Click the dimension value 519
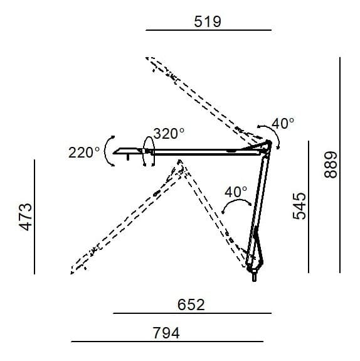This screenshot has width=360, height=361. click(208, 21)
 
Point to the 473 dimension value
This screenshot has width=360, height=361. click(26, 217)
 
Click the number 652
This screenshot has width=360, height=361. click(192, 304)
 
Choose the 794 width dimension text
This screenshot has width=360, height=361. click(166, 333)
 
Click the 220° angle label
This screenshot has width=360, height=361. click(85, 152)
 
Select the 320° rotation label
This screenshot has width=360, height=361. click(169, 133)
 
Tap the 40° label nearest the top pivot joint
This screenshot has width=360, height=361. click(283, 124)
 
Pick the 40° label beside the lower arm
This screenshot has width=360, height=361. click(236, 191)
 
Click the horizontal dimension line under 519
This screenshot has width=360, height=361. click(208, 30)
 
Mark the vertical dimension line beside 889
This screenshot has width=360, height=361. click(339, 164)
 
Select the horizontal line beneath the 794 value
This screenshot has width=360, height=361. click(166, 342)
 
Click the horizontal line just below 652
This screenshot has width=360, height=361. click(192, 313)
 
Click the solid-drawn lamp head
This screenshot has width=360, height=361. click(128, 151)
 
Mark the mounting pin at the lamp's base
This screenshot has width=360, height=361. click(254, 276)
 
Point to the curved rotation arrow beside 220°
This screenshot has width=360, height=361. click(109, 151)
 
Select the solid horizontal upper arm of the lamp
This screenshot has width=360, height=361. click(207, 151)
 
